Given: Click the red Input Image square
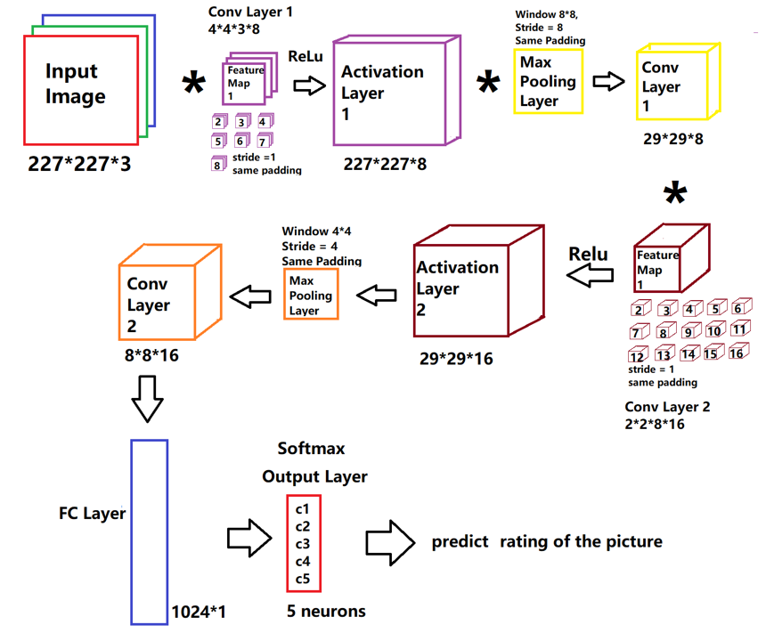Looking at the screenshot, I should (x=80, y=89).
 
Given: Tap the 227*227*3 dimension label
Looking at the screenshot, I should (x=79, y=163).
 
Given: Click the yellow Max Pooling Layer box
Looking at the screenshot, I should (x=548, y=81).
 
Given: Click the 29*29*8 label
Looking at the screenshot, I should (x=672, y=139).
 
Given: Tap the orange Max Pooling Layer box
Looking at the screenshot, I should (x=310, y=296).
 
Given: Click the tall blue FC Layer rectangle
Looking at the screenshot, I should (x=149, y=531).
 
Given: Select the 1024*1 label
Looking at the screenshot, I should (x=198, y=613).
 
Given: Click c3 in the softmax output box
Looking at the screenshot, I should (x=303, y=544).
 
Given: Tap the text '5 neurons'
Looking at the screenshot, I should (x=325, y=611).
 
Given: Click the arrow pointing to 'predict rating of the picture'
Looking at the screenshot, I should (x=389, y=540).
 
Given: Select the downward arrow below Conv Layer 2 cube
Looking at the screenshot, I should (x=147, y=397).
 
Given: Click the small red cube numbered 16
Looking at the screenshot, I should (x=736, y=353).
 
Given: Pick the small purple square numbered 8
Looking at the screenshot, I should (x=216, y=163).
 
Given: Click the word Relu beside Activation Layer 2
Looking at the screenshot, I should (x=589, y=255).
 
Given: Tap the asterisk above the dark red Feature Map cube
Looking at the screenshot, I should (x=676, y=193).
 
